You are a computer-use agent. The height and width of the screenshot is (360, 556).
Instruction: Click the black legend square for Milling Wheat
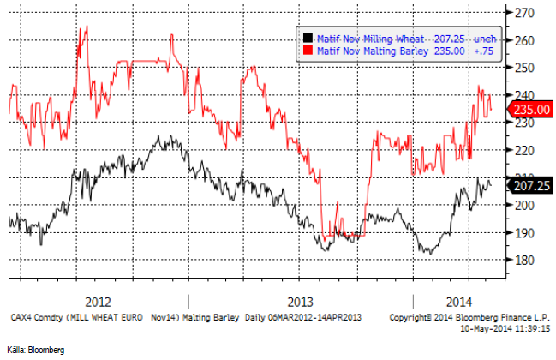tap(308, 39)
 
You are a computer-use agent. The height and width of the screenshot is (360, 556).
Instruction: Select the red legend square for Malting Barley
tap(308, 51)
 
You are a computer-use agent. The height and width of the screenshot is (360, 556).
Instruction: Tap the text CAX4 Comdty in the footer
tap(34, 317)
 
